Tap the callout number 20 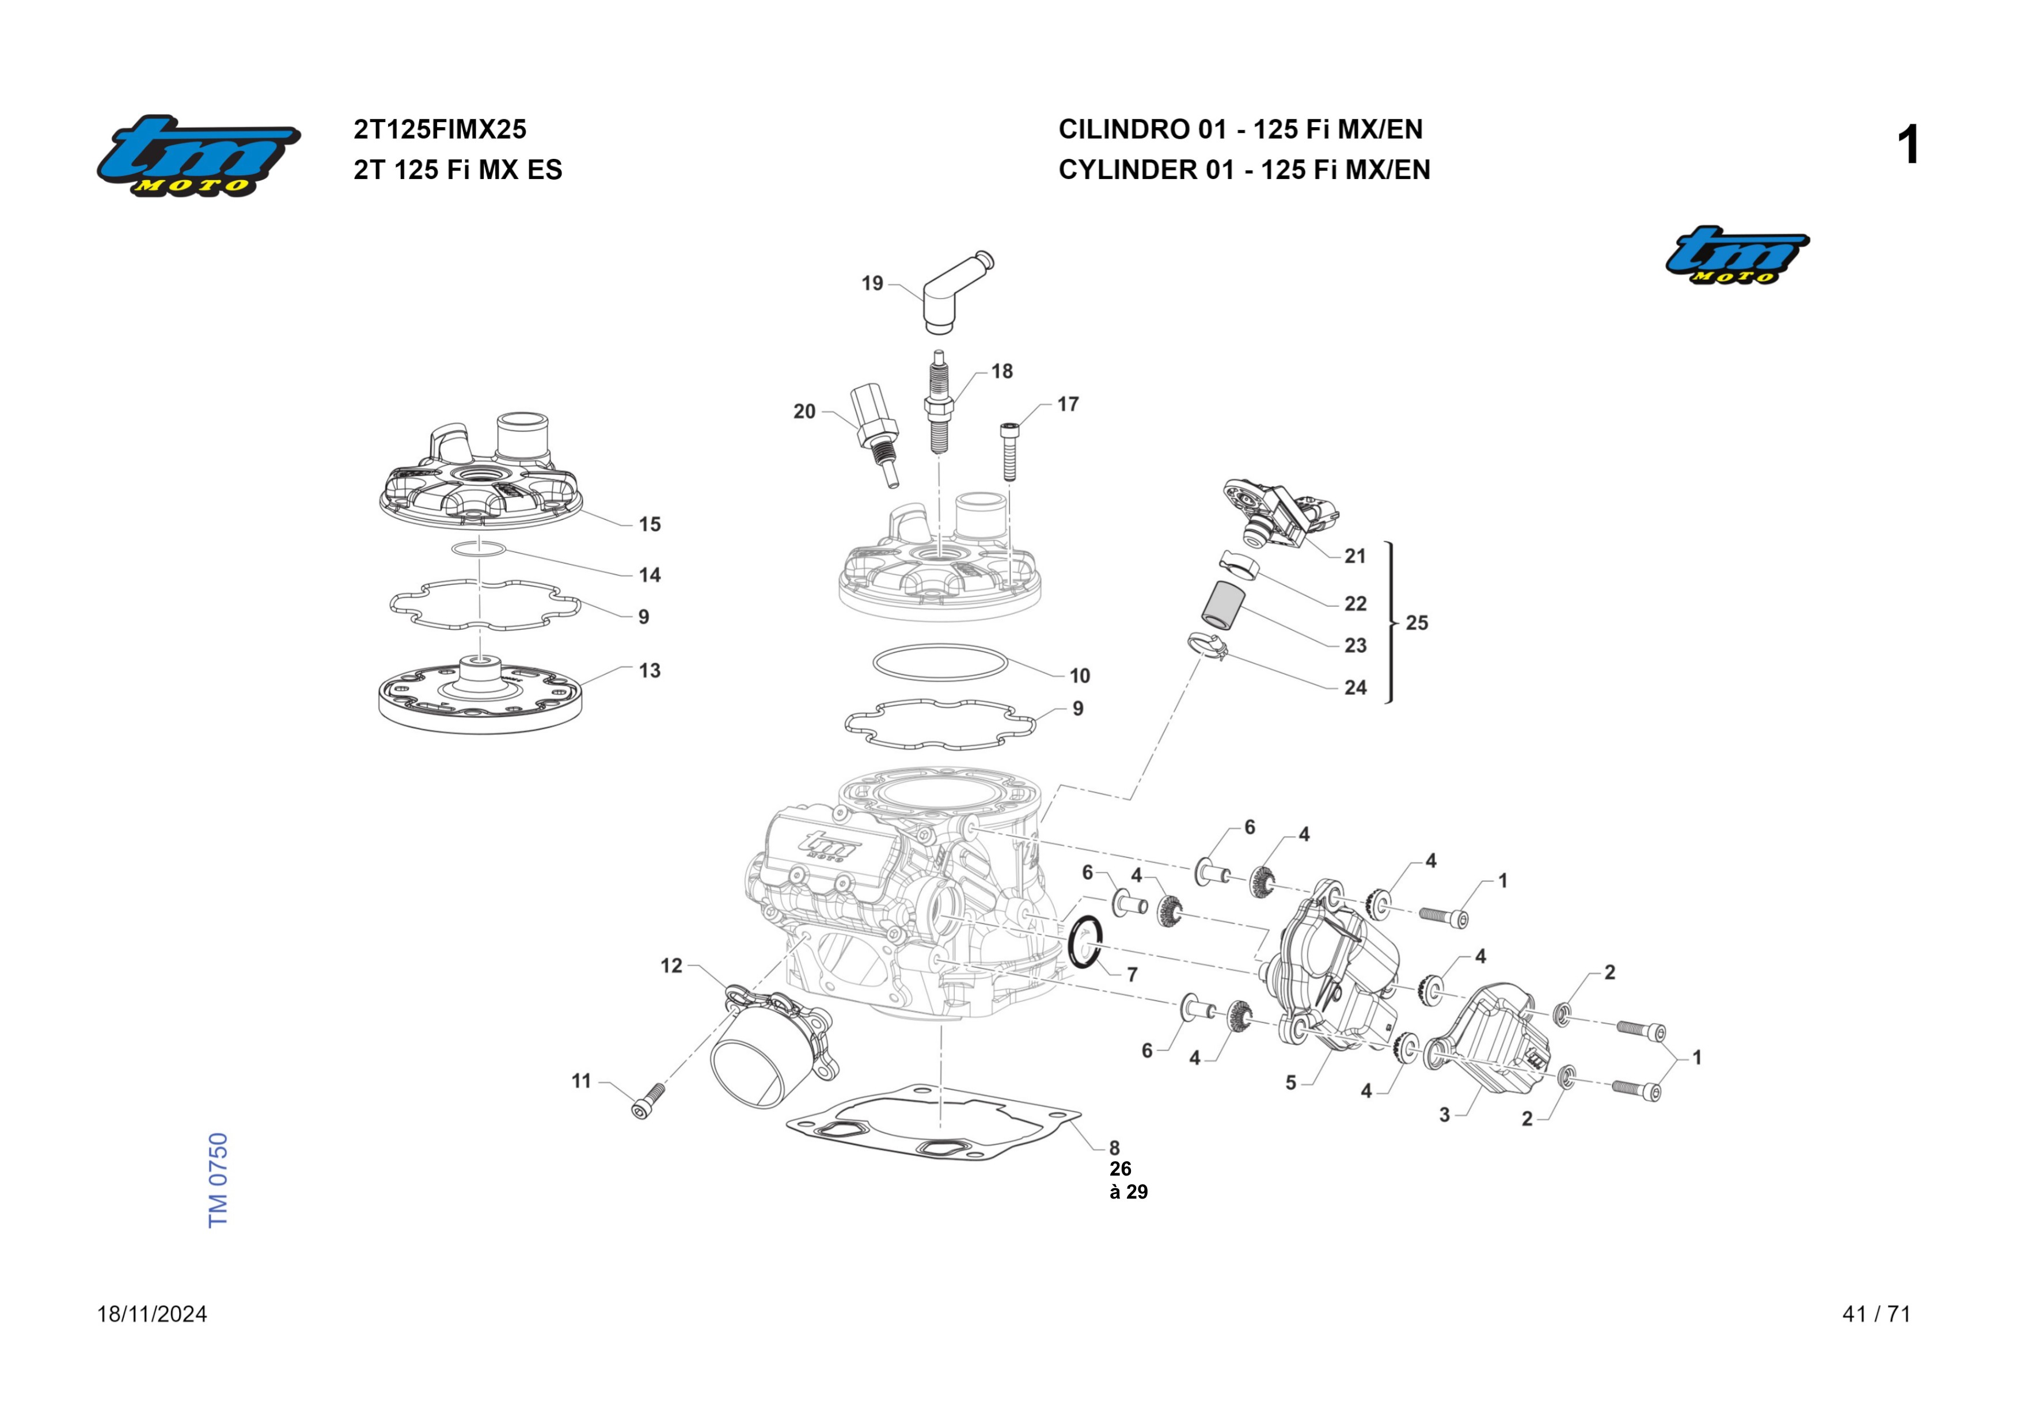click(804, 412)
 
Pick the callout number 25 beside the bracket click(1417, 623)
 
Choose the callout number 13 click(650, 671)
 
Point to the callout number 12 click(671, 966)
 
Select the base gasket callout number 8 click(1114, 1148)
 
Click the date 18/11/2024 click(152, 1314)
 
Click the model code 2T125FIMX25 click(440, 130)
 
